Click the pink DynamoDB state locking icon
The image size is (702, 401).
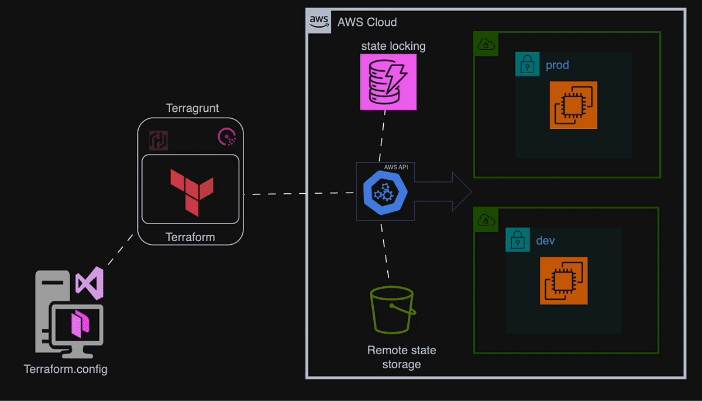(x=388, y=82)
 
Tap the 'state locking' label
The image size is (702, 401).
(x=393, y=46)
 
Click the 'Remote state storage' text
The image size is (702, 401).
(x=401, y=357)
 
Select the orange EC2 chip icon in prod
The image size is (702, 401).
(x=573, y=105)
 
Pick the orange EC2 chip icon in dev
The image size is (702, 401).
(x=563, y=280)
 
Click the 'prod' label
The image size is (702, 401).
(x=557, y=64)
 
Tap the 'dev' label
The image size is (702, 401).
(x=545, y=241)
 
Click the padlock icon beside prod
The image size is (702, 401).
(x=527, y=64)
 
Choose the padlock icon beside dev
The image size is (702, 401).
(x=517, y=240)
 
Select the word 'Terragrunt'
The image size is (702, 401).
(x=192, y=108)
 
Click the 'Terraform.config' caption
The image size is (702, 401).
(x=66, y=369)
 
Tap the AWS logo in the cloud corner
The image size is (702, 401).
(x=319, y=20)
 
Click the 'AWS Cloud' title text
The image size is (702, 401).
(x=367, y=22)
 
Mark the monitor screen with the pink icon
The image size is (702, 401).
(x=78, y=324)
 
